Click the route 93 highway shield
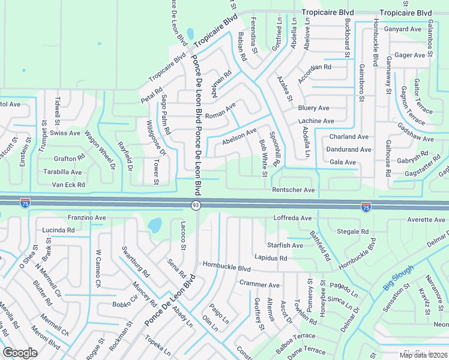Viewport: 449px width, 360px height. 196,206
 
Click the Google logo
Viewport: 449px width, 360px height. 20,352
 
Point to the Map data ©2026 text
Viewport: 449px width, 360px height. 423,355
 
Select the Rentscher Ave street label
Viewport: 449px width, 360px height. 294,190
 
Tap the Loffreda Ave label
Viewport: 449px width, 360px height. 292,218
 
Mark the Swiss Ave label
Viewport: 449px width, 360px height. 65,133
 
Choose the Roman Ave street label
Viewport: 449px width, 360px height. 220,112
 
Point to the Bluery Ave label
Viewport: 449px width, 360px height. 313,108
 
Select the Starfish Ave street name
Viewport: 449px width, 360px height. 285,245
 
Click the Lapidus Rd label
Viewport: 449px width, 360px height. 271,258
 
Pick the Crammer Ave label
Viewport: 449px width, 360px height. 259,284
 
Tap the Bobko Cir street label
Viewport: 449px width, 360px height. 126,304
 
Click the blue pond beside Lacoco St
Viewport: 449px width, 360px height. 154,226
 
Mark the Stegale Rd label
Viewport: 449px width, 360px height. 353,231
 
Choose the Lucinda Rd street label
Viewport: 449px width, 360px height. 58,230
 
